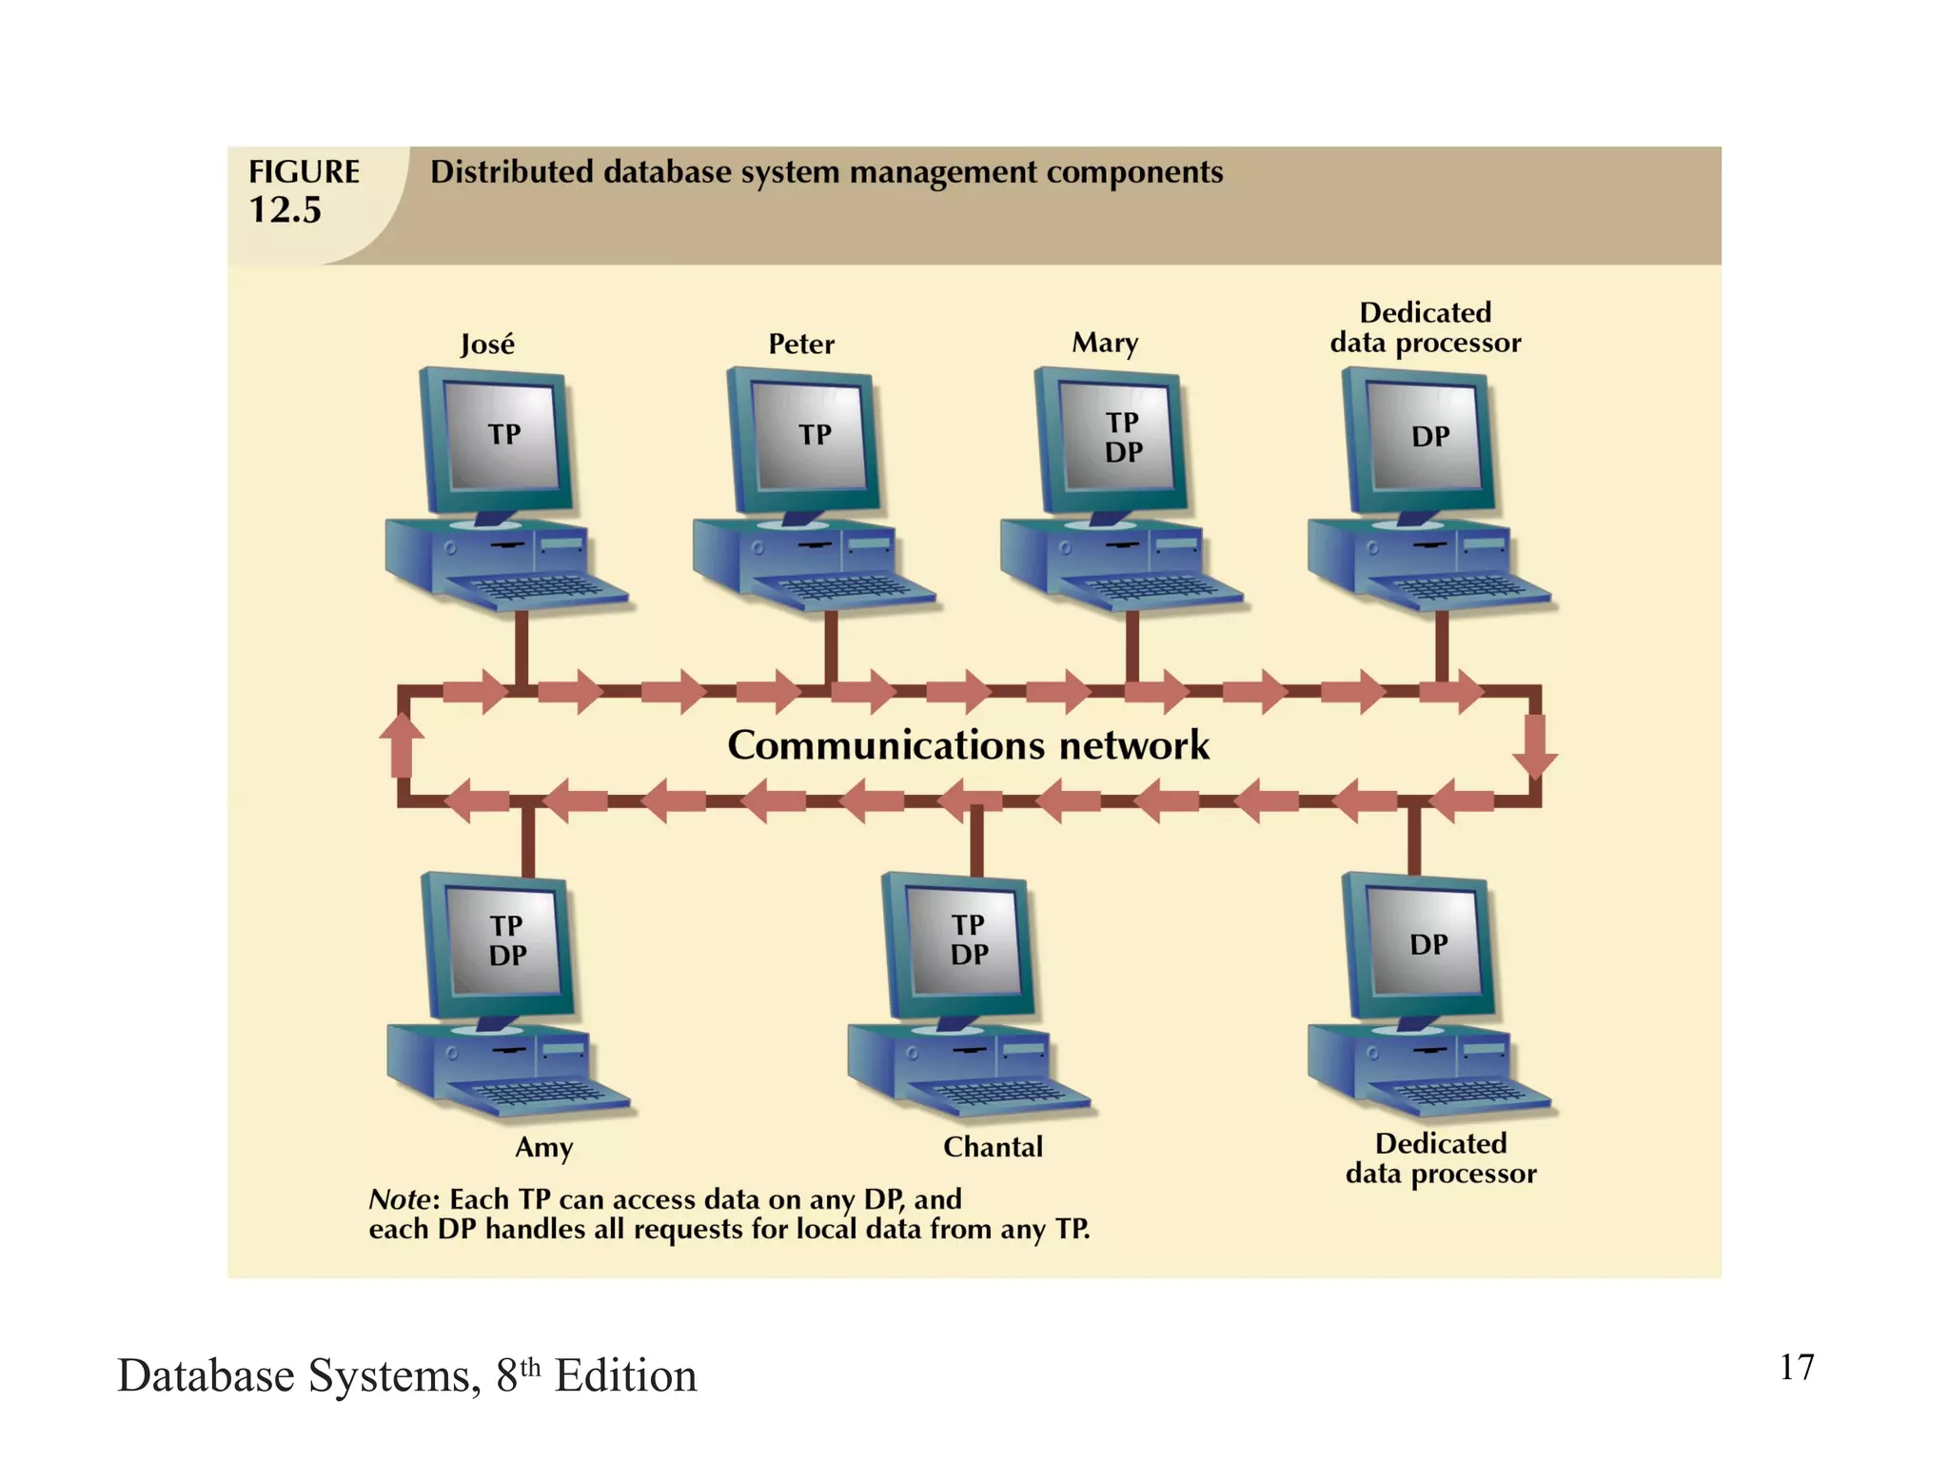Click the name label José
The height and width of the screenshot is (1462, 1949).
pyautogui.click(x=487, y=344)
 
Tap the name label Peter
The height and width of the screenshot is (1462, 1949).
pyautogui.click(x=801, y=344)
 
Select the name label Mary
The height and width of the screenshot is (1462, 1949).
pyautogui.click(x=1105, y=343)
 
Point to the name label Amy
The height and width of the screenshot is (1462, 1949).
pyautogui.click(x=543, y=1147)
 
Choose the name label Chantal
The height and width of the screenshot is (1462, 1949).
pyautogui.click(x=993, y=1147)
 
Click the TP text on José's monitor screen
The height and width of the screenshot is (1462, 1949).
pyautogui.click(x=504, y=435)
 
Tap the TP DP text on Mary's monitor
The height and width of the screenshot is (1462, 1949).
pyautogui.click(x=1123, y=437)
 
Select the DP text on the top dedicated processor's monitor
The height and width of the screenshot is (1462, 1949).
pyautogui.click(x=1430, y=437)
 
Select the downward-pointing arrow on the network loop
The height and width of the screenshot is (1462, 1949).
pyautogui.click(x=1534, y=747)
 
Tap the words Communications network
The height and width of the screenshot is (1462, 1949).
pyautogui.click(x=968, y=745)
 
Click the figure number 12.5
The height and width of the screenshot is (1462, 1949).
pyautogui.click(x=285, y=210)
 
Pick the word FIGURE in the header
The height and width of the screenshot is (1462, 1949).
pyautogui.click(x=304, y=172)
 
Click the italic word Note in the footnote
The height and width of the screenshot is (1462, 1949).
pyautogui.click(x=398, y=1199)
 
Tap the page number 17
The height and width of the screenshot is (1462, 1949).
pyautogui.click(x=1796, y=1368)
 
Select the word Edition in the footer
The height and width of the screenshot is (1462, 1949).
pyautogui.click(x=625, y=1376)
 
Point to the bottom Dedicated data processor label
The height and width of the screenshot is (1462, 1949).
pyautogui.click(x=1440, y=1158)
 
